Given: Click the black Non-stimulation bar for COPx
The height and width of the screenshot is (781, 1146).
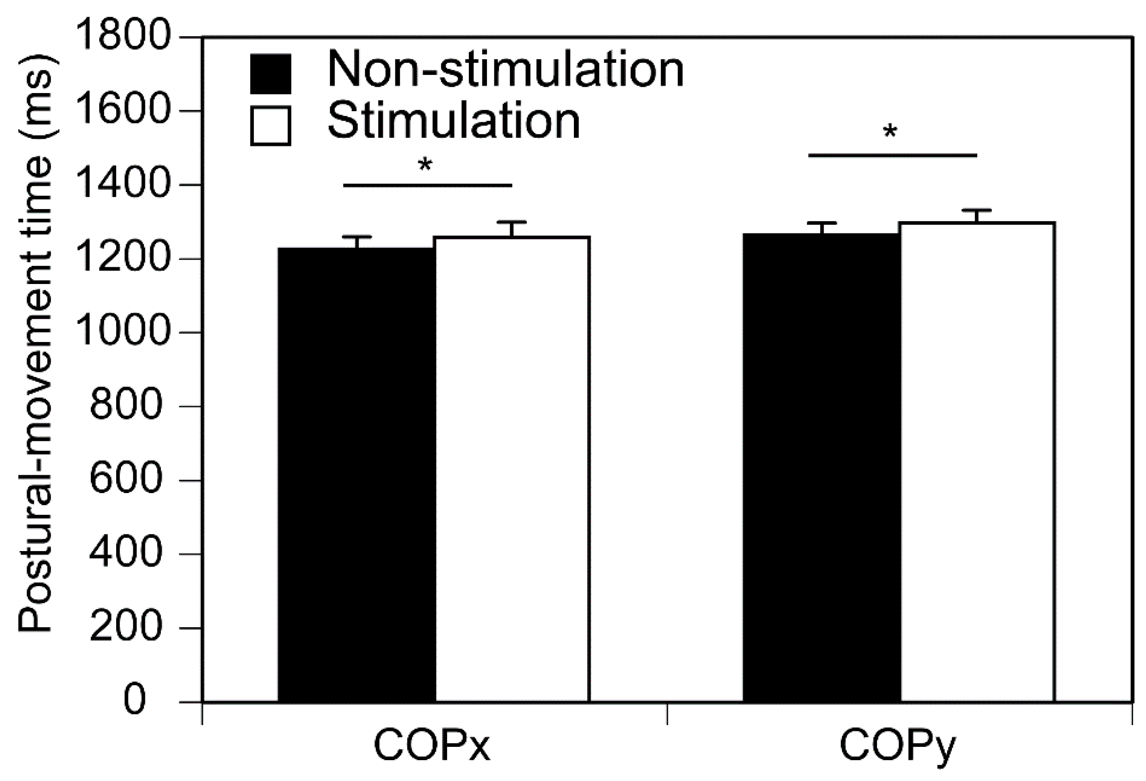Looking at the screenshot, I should (356, 473).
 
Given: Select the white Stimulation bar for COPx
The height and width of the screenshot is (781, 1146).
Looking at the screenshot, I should (512, 468).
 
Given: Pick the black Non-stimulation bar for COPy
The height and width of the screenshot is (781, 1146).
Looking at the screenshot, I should (822, 466).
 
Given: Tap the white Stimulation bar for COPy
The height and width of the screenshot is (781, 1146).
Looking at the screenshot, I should (977, 461).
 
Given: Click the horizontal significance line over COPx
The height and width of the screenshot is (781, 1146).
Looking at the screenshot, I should (428, 185).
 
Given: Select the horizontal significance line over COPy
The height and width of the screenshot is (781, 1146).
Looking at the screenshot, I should (892, 155).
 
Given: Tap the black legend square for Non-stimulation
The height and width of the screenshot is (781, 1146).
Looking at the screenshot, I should (270, 74).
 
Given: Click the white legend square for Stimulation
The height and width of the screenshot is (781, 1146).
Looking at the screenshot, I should (270, 126).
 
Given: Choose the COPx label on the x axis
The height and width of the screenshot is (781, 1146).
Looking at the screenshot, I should (432, 746).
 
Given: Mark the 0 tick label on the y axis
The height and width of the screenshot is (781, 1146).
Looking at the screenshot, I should (135, 699).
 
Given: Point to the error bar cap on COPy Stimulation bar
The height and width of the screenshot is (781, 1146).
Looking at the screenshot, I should (976, 210).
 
